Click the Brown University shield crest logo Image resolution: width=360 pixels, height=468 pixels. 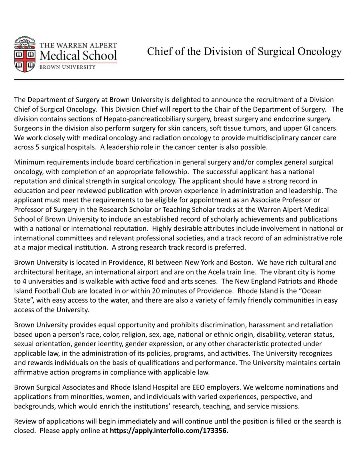click(25, 54)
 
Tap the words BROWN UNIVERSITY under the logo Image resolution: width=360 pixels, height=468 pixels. click(67, 67)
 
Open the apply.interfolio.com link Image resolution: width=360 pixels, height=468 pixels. click(169, 431)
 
